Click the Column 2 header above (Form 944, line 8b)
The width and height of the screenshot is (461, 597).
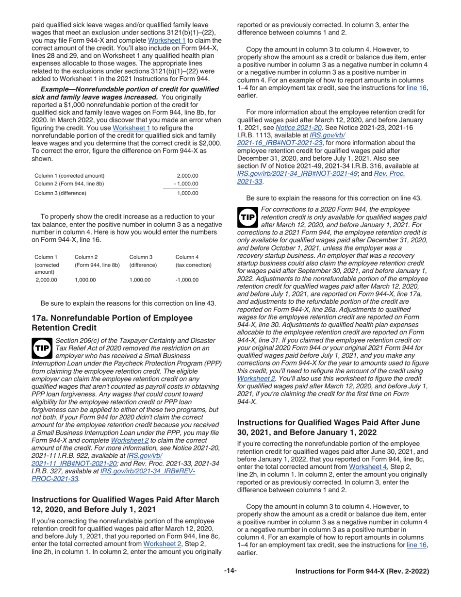(87, 257)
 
